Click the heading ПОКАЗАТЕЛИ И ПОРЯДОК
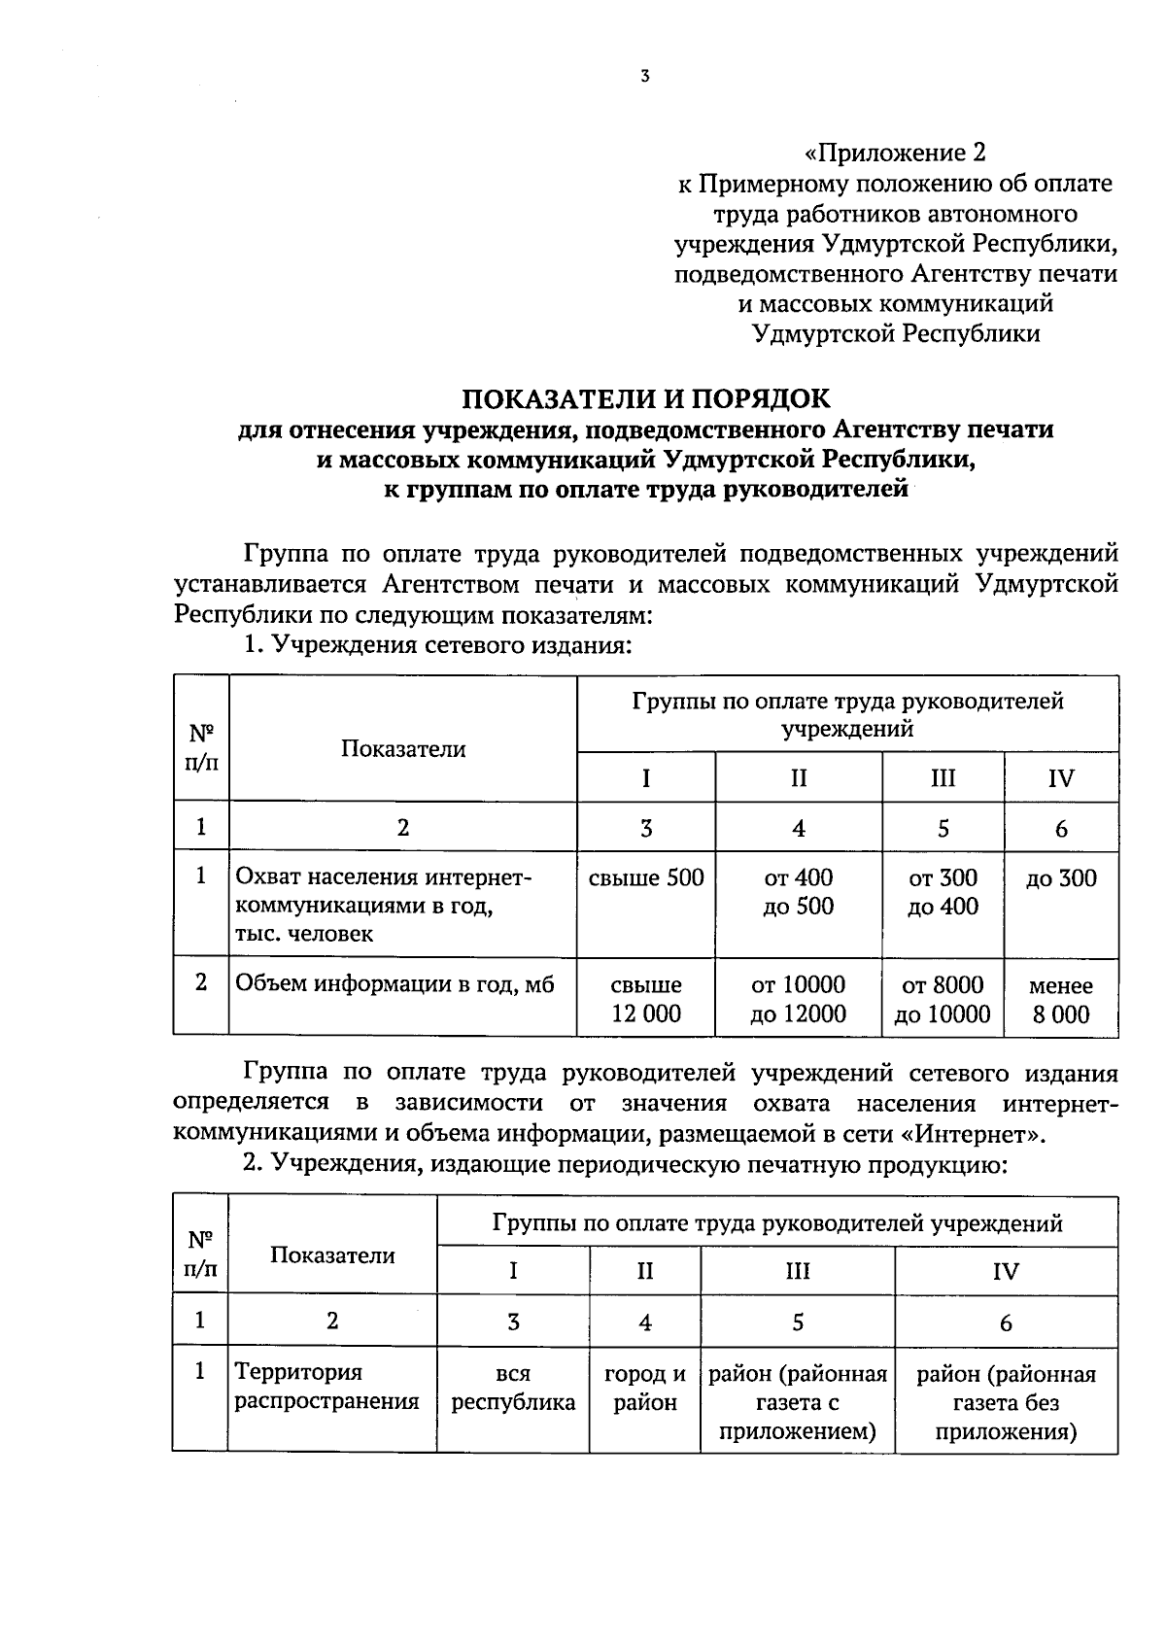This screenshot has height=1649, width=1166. pyautogui.click(x=646, y=399)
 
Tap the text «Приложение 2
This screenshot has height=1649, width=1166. pyautogui.click(x=895, y=153)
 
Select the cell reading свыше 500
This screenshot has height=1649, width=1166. pyautogui.click(x=646, y=878)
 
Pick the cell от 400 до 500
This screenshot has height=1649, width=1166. pyautogui.click(x=799, y=892)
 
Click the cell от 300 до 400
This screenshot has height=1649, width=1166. pyautogui.click(x=943, y=892)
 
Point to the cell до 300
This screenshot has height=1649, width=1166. pyautogui.click(x=1061, y=878)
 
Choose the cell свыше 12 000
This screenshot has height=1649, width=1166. pyautogui.click(x=646, y=999)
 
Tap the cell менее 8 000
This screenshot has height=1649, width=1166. pyautogui.click(x=1061, y=999)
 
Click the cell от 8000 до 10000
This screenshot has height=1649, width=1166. pyautogui.click(x=943, y=999)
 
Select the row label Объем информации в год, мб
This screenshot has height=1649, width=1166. pyautogui.click(x=395, y=984)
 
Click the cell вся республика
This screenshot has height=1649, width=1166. pyautogui.click(x=513, y=1388)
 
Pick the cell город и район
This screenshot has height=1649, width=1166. pyautogui.click(x=645, y=1388)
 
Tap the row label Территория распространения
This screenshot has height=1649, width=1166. pyautogui.click(x=327, y=1387)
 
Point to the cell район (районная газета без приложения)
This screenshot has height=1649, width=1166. pyautogui.click(x=1006, y=1402)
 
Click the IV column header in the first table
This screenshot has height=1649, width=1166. pyautogui.click(x=1061, y=778)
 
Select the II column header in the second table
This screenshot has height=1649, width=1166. pyautogui.click(x=645, y=1271)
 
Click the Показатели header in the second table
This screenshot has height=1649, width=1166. pyautogui.click(x=332, y=1254)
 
